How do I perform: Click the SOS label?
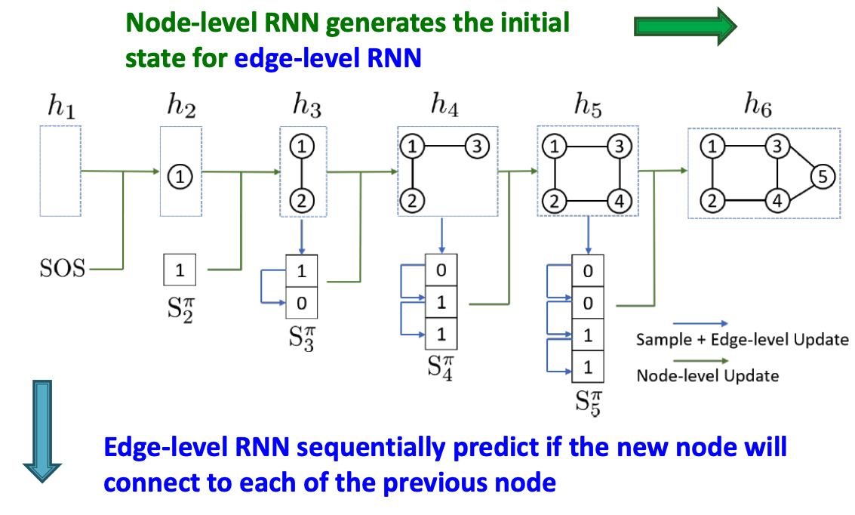point(63,269)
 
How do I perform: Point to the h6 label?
point(758,106)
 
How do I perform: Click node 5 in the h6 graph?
point(823,177)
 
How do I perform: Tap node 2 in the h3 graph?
point(302,201)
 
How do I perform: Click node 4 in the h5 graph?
point(617,202)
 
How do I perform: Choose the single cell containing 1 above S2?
point(180,270)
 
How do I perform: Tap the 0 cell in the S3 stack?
point(302,304)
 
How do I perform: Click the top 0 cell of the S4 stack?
point(441,270)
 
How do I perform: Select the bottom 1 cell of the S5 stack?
point(588,369)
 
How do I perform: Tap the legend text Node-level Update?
point(707,375)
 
